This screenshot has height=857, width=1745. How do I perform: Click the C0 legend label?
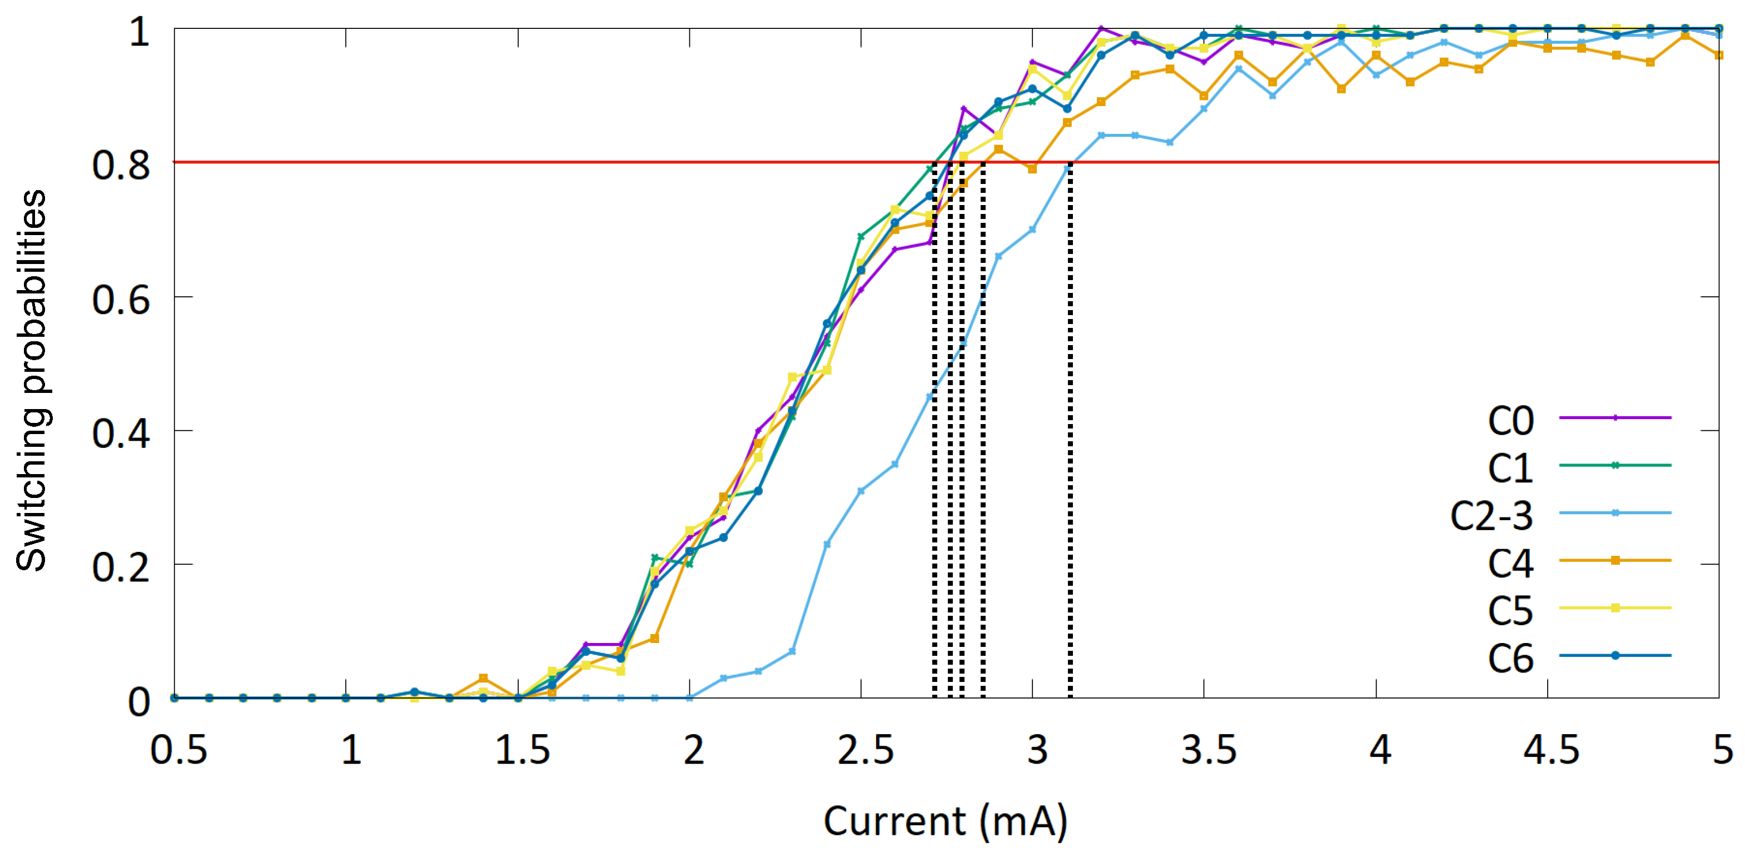(1510, 421)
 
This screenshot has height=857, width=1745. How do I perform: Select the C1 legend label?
(1510, 468)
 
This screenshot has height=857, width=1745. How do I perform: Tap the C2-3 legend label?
(1491, 516)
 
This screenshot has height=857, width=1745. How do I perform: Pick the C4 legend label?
(1510, 563)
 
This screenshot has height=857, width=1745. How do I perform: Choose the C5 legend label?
(1510, 610)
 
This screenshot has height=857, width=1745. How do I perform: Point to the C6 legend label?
(1510, 658)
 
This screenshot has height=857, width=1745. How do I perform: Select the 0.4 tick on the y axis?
(121, 433)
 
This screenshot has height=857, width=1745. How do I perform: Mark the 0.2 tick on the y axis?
(121, 566)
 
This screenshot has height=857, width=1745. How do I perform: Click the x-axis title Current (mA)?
(946, 821)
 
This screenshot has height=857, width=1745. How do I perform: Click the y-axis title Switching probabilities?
(31, 380)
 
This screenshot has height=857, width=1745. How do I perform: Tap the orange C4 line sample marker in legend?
(1615, 560)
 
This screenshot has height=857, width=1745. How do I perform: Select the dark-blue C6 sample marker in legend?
(1615, 655)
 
